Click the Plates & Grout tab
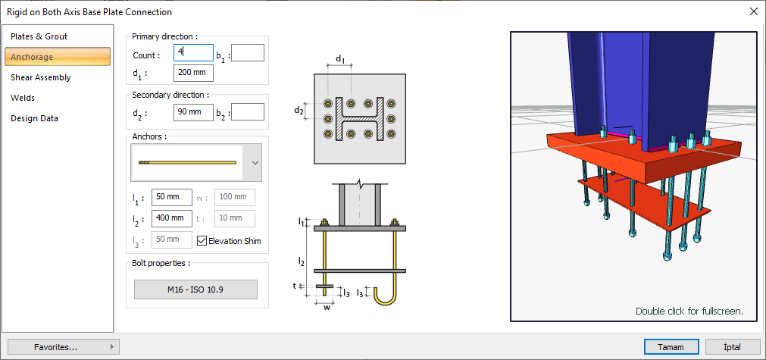point(39,36)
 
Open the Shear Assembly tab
point(41,77)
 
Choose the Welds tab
point(23,98)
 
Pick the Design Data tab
point(34,118)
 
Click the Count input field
point(193,52)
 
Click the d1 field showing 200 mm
point(193,73)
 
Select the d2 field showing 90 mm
point(193,112)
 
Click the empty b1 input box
point(248,52)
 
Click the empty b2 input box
point(248,112)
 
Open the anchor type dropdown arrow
point(255,162)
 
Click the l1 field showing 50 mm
point(171,197)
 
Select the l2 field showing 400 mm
point(171,218)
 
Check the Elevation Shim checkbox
point(202,241)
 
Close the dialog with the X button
point(753,11)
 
